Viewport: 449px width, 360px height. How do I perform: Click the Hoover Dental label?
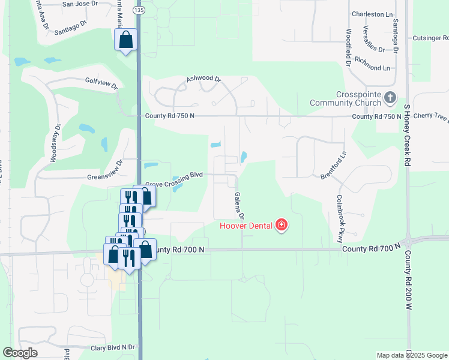246,226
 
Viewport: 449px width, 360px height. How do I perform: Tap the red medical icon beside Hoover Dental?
281,226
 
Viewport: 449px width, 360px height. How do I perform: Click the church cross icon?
390,97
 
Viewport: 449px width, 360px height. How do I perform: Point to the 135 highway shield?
139,10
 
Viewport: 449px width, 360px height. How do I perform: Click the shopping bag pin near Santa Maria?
126,41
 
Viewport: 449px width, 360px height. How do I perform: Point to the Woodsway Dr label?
54,143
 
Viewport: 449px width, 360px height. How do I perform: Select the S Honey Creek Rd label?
407,135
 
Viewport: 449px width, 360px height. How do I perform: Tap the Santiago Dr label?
70,31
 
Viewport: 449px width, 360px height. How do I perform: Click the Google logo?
20,353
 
